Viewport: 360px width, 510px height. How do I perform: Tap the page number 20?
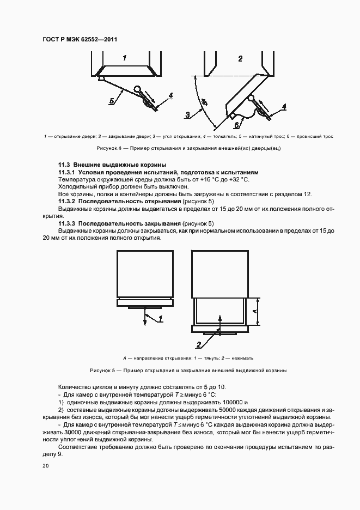click(x=45, y=465)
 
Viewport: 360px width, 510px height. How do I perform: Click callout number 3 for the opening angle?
click(x=187, y=114)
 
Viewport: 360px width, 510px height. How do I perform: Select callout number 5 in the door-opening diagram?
click(x=111, y=101)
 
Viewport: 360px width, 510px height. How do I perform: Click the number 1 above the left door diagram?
click(x=125, y=57)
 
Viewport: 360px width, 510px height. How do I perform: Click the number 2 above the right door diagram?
click(x=240, y=58)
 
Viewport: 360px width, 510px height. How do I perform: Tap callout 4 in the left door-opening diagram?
click(x=170, y=95)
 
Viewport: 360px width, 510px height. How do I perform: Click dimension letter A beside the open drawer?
click(x=255, y=311)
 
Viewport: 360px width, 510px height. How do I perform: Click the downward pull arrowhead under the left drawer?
click(x=145, y=324)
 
